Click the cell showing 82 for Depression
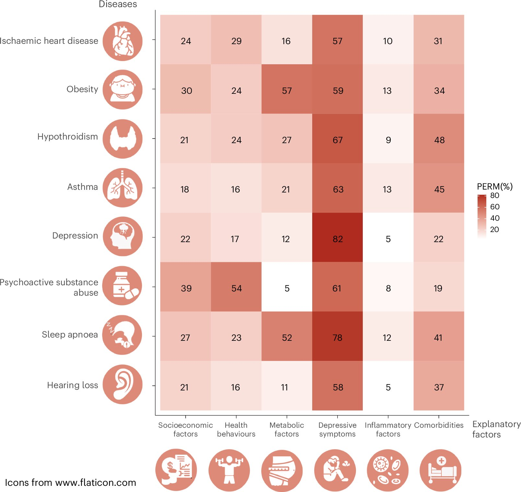[337, 239]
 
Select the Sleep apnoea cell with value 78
[337, 338]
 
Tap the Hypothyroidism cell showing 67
[337, 140]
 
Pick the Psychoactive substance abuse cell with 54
[236, 288]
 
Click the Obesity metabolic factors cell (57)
[287, 91]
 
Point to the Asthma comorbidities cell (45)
[439, 189]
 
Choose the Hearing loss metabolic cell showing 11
[285, 387]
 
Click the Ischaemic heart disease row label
[49, 41]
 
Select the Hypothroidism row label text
[67, 137]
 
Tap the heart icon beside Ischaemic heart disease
[123, 41]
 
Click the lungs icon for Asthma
[123, 188]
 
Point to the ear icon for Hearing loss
[123, 384]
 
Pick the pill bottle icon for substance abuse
[123, 286]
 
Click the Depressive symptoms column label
[337, 429]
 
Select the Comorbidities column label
[439, 425]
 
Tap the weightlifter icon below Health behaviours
[229, 470]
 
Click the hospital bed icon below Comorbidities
[440, 470]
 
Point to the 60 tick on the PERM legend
[495, 207]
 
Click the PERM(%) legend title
[495, 187]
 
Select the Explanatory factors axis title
[496, 429]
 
